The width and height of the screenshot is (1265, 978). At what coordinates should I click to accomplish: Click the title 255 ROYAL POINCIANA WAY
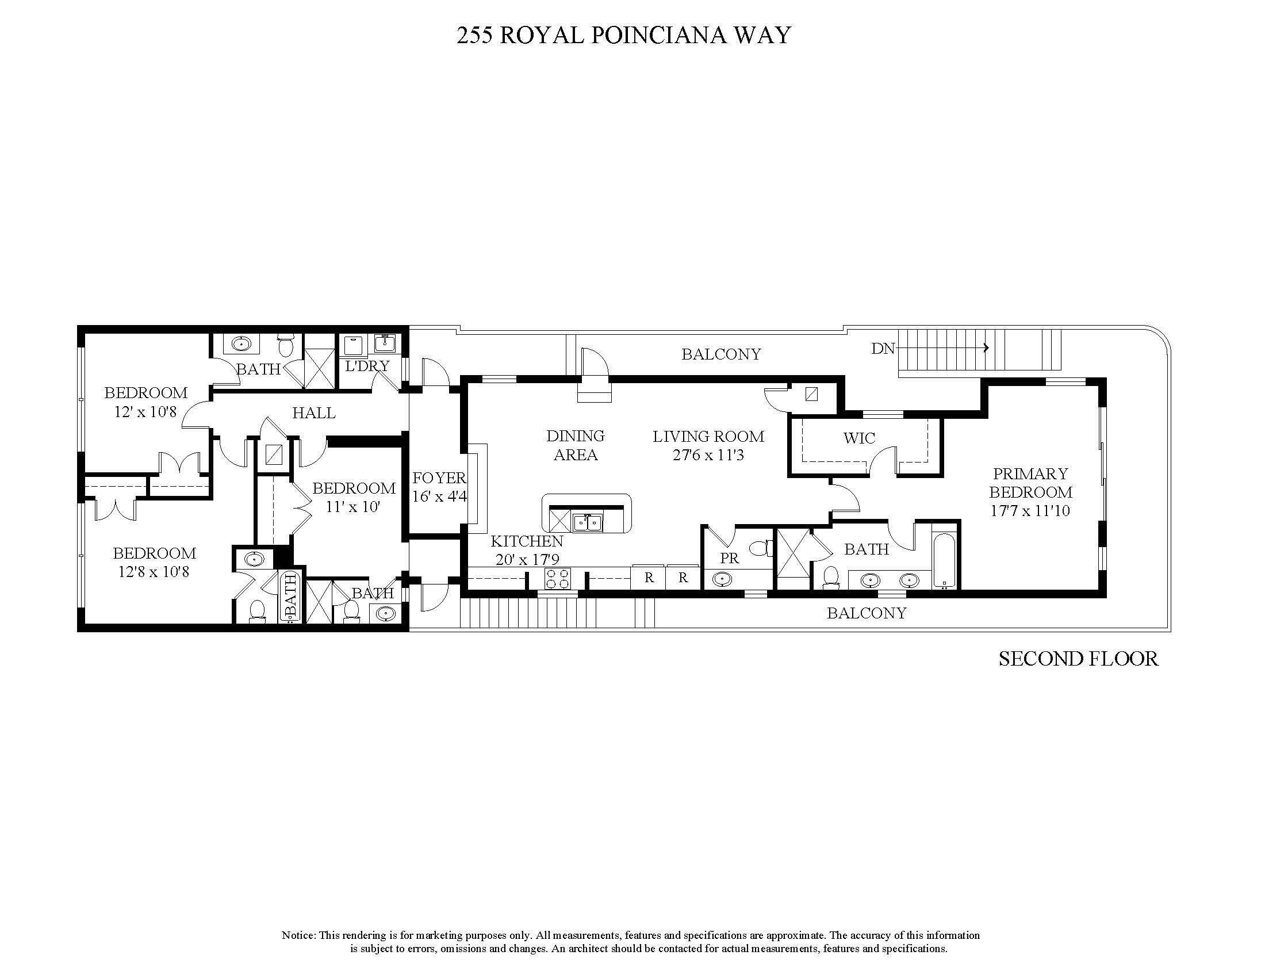[x=623, y=35]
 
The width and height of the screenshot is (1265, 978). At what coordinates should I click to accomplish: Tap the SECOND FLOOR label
[x=1078, y=659]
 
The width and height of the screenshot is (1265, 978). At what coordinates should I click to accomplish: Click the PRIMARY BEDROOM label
[x=1030, y=483]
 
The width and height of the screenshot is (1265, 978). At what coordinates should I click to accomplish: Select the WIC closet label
[x=859, y=438]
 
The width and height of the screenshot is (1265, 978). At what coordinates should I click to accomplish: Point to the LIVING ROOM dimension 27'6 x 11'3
[x=708, y=456]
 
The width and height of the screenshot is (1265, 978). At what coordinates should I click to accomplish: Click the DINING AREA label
[x=575, y=445]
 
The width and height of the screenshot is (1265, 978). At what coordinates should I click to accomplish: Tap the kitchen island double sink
[x=587, y=522]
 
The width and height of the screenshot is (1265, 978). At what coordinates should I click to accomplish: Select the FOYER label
[x=439, y=478]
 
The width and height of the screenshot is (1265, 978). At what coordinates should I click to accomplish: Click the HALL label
[x=313, y=413]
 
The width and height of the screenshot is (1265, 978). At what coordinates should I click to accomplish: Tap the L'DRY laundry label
[x=367, y=366]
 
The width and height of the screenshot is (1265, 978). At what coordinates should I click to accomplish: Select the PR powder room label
[x=729, y=558]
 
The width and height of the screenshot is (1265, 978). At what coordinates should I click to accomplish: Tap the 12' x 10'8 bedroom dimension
[x=145, y=412]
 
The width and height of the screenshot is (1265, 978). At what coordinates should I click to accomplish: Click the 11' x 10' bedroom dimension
[x=352, y=507]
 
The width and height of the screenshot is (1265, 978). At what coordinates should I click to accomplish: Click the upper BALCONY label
[x=720, y=354]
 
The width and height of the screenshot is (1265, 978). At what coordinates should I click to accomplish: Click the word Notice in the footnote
[x=298, y=935]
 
